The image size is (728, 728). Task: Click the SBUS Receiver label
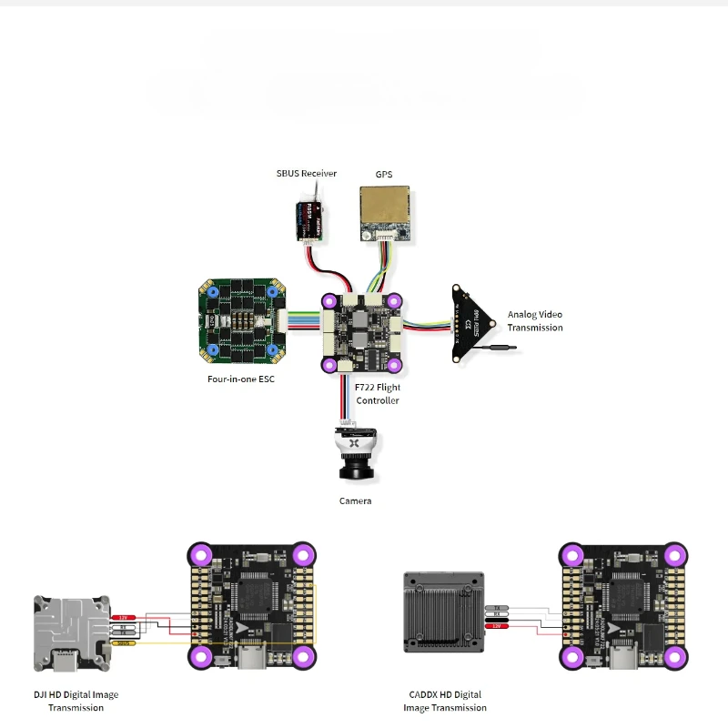307,173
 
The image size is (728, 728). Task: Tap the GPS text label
383,174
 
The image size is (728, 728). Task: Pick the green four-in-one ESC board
241,318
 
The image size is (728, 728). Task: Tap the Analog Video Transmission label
535,321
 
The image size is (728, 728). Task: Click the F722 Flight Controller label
378,394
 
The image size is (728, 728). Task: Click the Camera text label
355,500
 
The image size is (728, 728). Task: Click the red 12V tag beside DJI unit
125,617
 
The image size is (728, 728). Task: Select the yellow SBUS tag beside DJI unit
125,643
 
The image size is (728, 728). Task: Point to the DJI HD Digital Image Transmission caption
76,701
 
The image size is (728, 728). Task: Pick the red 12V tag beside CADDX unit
497,627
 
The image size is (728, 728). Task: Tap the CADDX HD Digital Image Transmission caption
445,701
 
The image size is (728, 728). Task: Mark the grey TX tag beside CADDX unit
497,607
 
